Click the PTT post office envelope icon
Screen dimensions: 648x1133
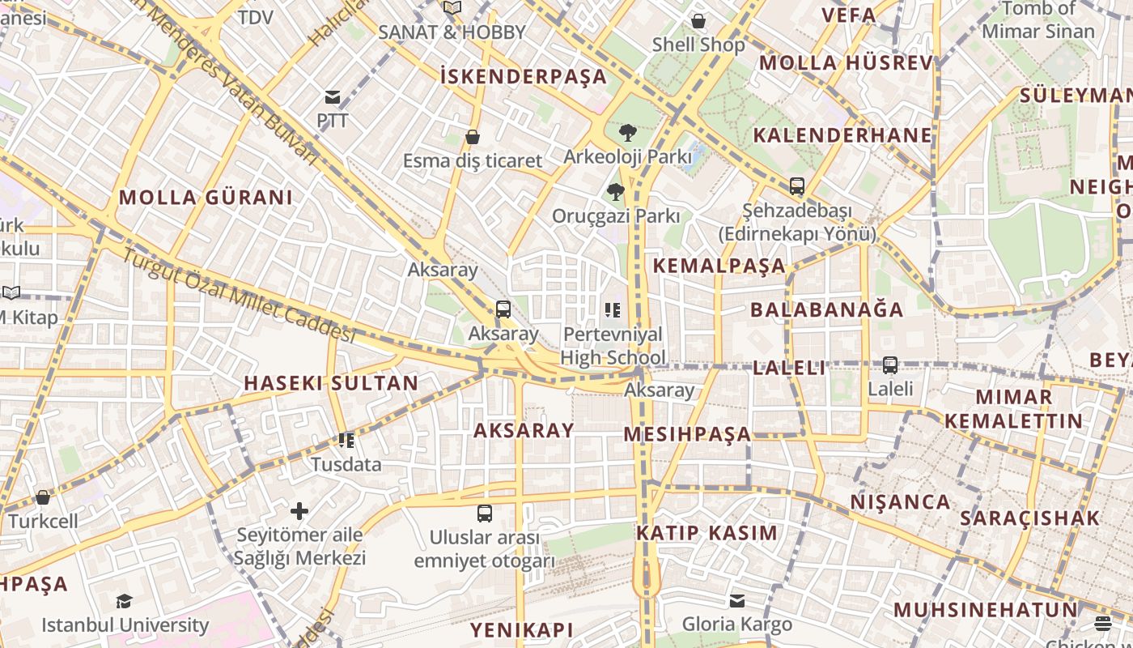333,98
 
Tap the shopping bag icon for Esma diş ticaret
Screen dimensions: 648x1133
473,137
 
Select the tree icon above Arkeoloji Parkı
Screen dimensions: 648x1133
627,133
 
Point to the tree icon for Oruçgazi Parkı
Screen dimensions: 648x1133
616,192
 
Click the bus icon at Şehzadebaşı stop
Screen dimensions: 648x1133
797,186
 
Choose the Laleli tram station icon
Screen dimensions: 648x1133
890,365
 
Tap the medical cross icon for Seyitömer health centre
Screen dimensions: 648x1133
299,511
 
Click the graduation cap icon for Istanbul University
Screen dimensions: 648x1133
124,601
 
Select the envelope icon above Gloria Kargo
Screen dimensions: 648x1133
737,601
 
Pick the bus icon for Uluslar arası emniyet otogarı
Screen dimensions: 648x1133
485,514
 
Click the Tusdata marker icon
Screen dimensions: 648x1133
346,441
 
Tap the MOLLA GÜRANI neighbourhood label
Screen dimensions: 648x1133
206,197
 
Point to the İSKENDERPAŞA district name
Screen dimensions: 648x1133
523,76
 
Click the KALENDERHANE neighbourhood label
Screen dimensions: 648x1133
842,134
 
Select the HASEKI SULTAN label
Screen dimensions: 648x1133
332,383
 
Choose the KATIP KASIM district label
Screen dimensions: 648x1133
707,533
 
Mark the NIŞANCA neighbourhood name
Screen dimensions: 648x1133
900,502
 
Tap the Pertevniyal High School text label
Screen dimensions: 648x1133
613,346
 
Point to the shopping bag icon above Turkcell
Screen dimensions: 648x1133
43,497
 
